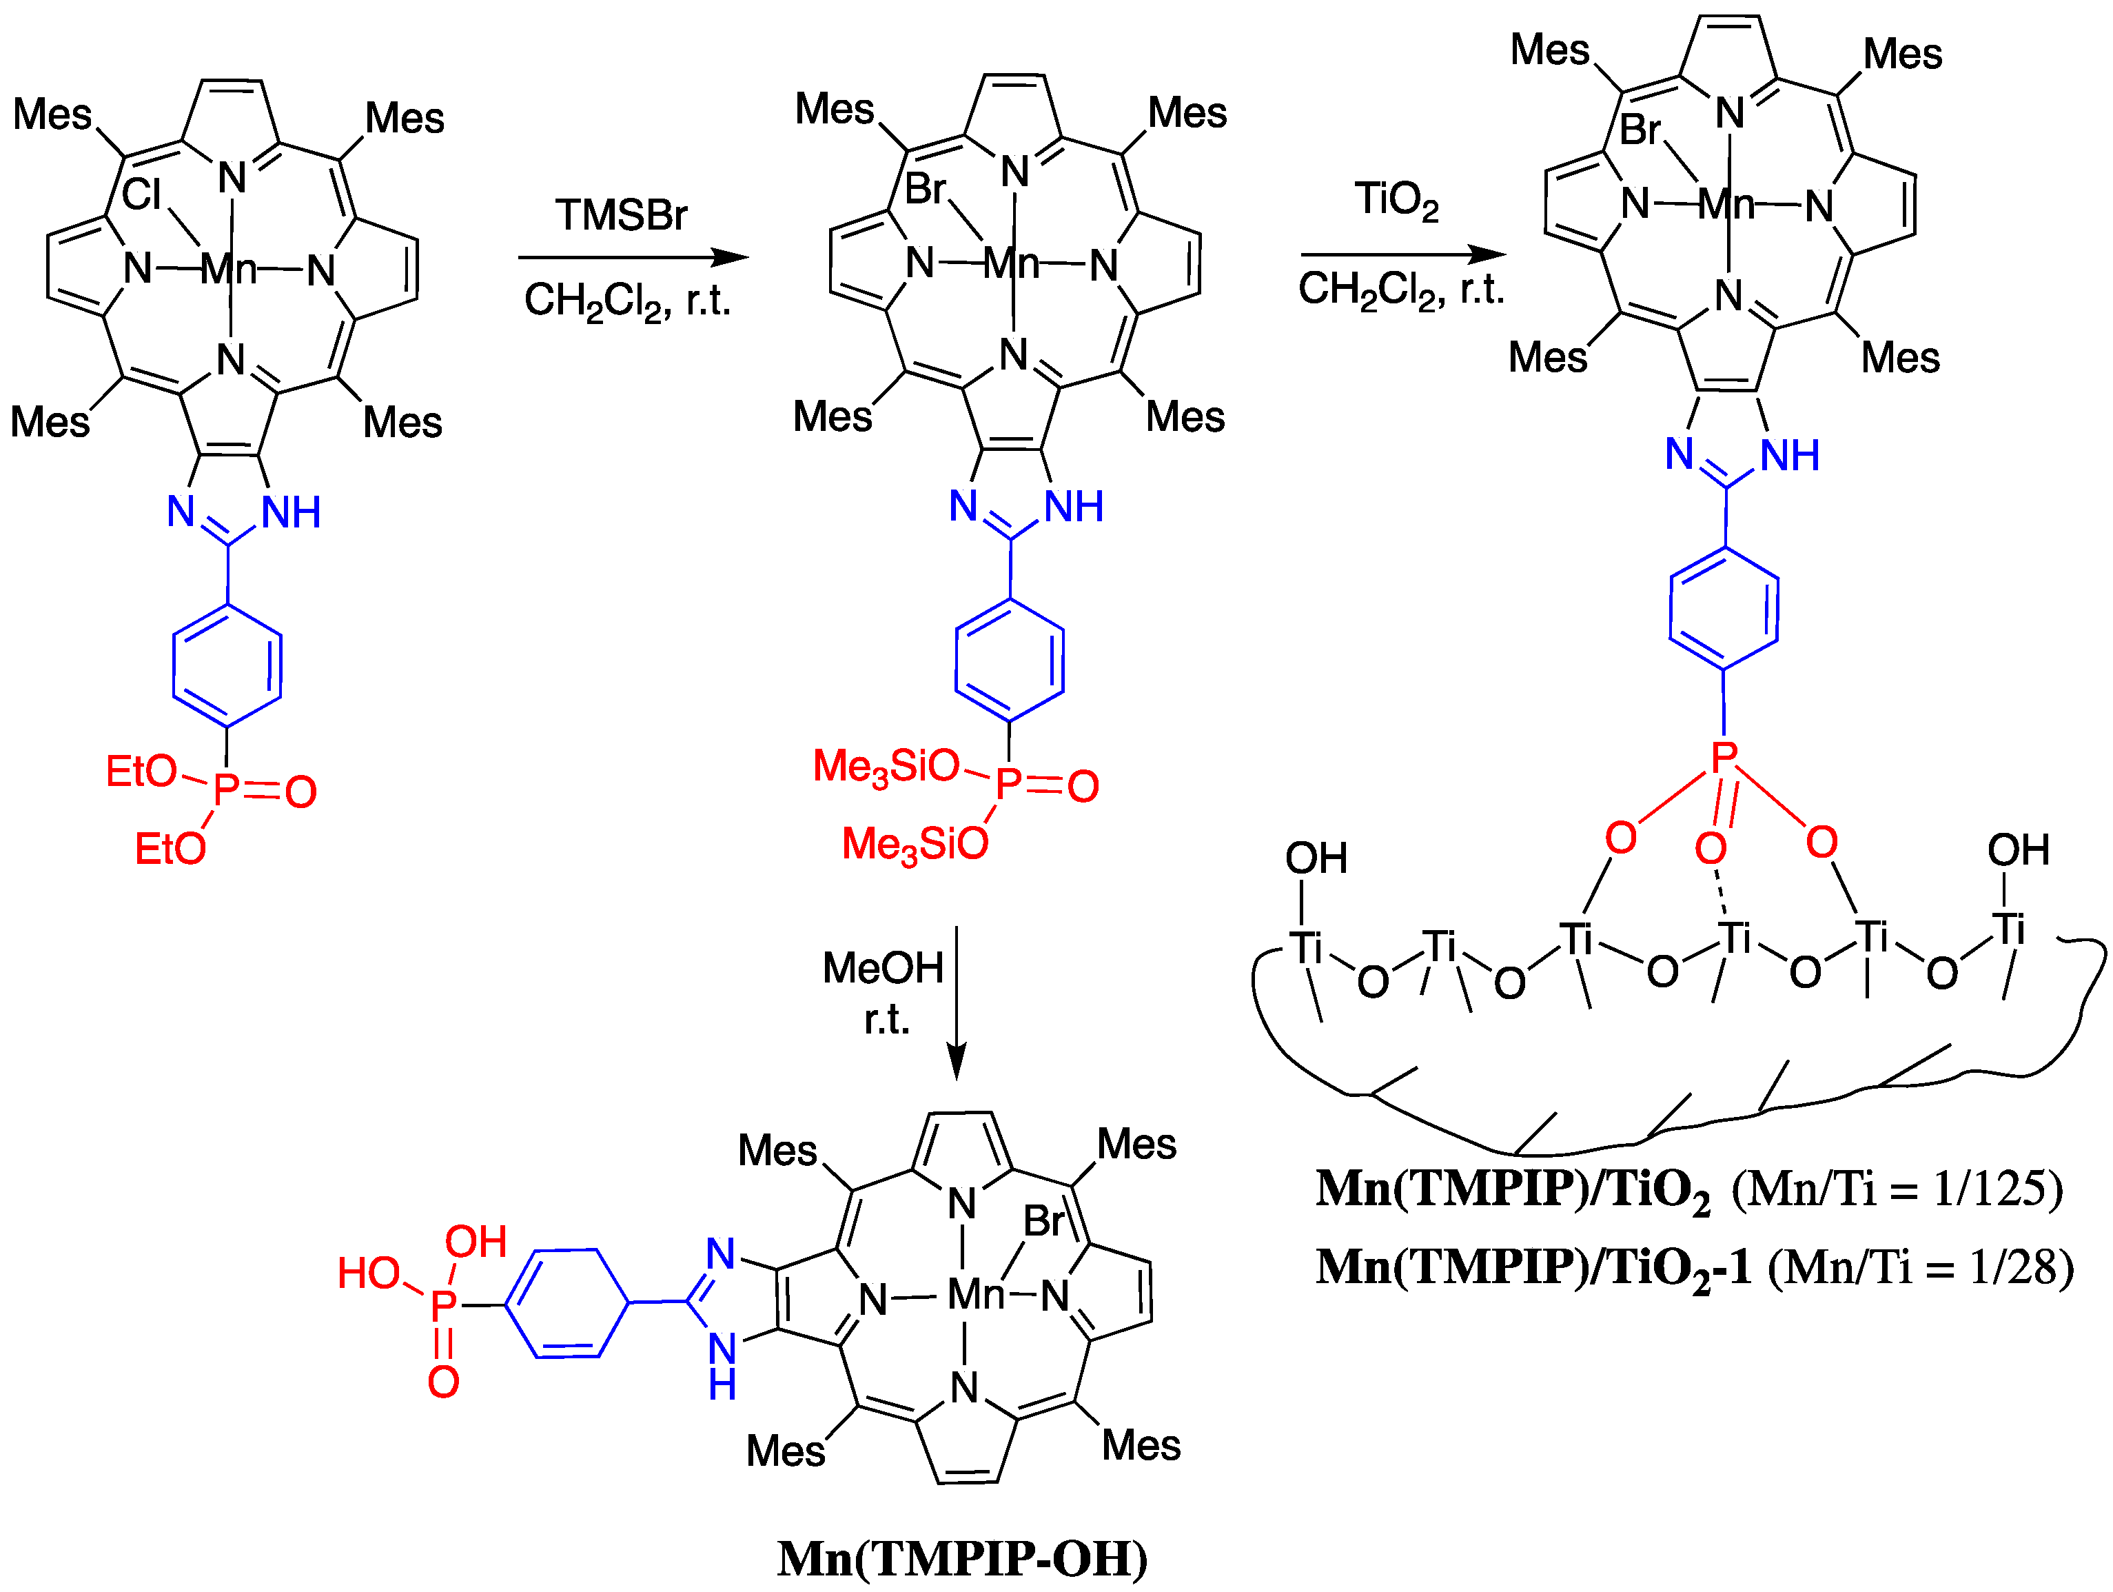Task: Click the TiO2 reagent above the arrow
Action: coord(1396,201)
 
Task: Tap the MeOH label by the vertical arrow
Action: coord(883,968)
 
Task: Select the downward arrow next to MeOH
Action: coord(956,1003)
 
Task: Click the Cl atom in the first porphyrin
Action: coord(141,195)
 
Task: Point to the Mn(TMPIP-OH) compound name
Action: coord(962,1558)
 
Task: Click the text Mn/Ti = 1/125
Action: coord(1897,1189)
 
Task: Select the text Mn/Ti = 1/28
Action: coord(1920,1267)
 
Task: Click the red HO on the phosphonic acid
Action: coord(369,1273)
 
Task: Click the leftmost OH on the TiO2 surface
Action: coord(1316,858)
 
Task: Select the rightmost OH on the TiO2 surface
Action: coord(2017,849)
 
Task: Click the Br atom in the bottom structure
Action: coord(1043,1221)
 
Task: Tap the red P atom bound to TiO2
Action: coord(1723,758)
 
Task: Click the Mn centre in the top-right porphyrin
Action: coord(1726,203)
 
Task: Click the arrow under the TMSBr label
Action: coord(633,257)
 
